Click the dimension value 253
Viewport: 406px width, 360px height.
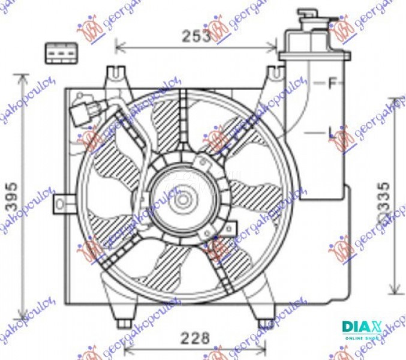click(196, 36)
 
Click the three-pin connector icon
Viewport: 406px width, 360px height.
click(60, 53)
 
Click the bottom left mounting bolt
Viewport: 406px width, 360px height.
click(124, 323)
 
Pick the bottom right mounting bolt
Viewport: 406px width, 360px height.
click(262, 323)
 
